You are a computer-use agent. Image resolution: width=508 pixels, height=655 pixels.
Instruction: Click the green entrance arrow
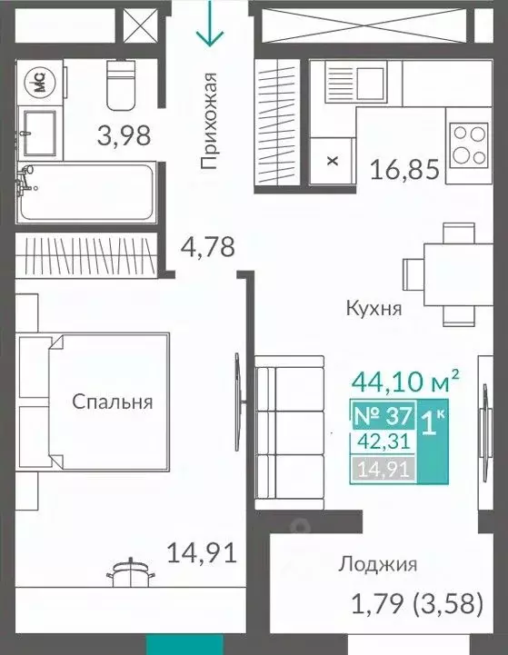pyautogui.click(x=210, y=25)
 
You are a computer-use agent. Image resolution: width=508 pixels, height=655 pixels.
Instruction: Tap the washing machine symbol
pyautogui.click(x=40, y=83)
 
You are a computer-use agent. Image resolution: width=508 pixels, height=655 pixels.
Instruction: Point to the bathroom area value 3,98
pyautogui.click(x=124, y=137)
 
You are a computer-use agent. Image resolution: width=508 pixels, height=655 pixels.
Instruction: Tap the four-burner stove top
pyautogui.click(x=470, y=144)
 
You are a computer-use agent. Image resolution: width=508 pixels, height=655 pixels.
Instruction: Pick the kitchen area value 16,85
pyautogui.click(x=404, y=169)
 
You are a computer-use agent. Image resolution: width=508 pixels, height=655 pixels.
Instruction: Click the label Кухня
pyautogui.click(x=374, y=308)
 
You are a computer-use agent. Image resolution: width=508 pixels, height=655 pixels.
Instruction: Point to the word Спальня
pyautogui.click(x=114, y=402)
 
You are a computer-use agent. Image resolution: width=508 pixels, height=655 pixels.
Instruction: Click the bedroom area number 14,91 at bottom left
pyautogui.click(x=202, y=551)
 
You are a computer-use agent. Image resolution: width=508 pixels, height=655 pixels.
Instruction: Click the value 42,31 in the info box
pyautogui.click(x=384, y=444)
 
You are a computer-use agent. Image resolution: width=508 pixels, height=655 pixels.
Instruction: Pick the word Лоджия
pyautogui.click(x=377, y=564)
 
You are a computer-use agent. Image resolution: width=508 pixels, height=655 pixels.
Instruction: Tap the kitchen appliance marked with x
pyautogui.click(x=332, y=161)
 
